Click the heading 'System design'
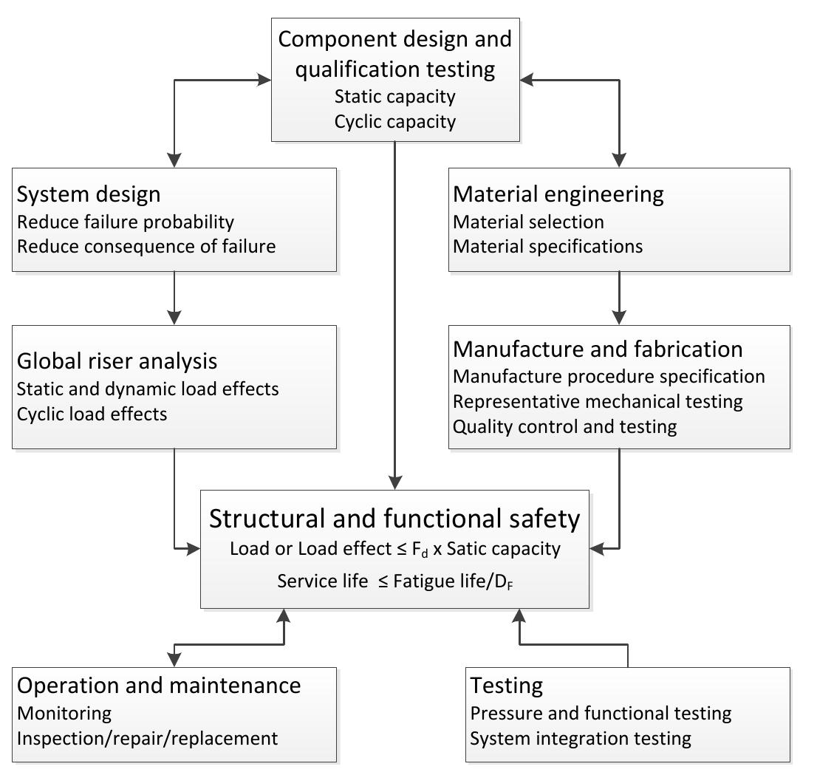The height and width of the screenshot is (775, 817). coord(89,194)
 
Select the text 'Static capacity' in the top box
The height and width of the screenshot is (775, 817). coord(394,97)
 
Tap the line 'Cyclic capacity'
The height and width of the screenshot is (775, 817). coord(394,121)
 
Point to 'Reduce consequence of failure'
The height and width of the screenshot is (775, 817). coord(146,246)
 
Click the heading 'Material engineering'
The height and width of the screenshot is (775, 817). coord(558,194)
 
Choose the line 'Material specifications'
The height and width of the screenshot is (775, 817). coord(547,246)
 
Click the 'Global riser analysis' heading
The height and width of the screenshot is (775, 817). coord(117,361)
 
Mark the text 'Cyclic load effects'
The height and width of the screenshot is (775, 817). coord(92,414)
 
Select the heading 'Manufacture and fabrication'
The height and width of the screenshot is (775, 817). coord(598,349)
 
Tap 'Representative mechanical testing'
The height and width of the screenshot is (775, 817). coord(598,401)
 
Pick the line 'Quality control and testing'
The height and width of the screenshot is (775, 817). coord(564,426)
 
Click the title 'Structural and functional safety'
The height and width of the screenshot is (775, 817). coord(394,519)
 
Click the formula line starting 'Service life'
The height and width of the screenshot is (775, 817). coord(394,581)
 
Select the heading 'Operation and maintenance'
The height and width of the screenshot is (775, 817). coord(159,686)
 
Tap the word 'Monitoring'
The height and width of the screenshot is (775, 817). coord(64,713)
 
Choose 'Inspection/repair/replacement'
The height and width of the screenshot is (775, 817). coord(147,738)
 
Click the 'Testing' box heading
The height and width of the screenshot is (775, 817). coord(507,686)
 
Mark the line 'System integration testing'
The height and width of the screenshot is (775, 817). coord(581,738)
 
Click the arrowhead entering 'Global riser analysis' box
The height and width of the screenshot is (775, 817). coord(174,317)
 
